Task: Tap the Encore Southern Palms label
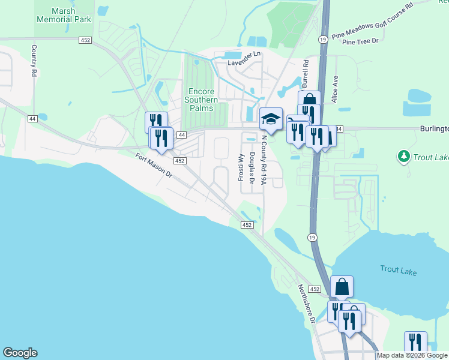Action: coord(199,100)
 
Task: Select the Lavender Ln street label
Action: coord(244,54)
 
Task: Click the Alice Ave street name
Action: coord(336,89)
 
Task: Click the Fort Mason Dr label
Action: coord(153,166)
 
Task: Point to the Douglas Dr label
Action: coord(252,168)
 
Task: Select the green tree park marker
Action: coord(404,157)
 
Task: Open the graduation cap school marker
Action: coord(270,118)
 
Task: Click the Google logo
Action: coord(20,353)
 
